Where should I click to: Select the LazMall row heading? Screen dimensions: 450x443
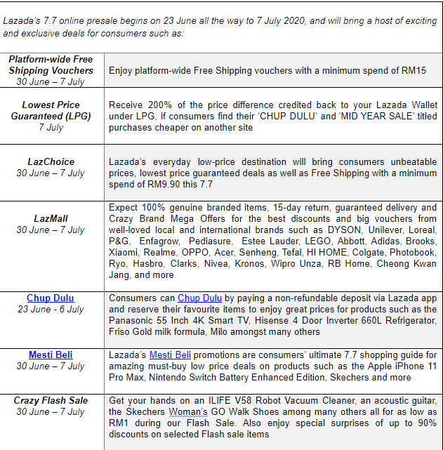(51, 218)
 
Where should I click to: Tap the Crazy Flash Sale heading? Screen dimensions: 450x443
(51, 400)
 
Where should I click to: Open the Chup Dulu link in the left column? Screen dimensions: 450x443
(51, 298)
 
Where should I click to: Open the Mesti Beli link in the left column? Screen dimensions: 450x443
(51, 355)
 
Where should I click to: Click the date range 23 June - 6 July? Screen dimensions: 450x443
(51, 309)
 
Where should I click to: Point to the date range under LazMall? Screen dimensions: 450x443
(51, 230)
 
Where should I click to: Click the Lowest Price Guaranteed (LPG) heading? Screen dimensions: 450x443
(51, 110)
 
